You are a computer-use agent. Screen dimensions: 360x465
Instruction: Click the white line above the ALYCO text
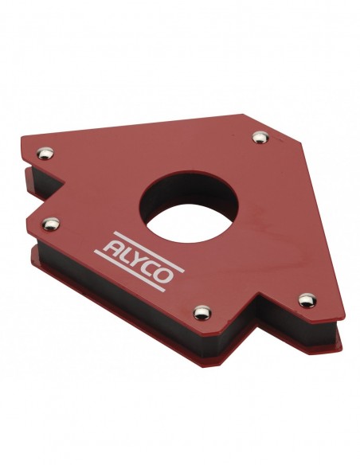[149, 252]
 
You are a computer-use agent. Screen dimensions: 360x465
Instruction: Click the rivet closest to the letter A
[51, 224]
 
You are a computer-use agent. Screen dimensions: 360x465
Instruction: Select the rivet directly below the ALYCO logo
[202, 313]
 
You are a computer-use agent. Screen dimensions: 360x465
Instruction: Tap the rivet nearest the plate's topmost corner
[260, 137]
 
